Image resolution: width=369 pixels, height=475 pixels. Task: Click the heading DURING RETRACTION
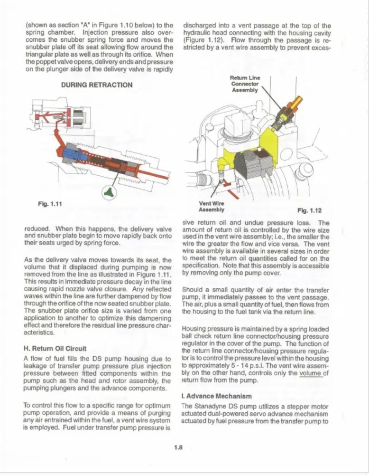(x=97, y=85)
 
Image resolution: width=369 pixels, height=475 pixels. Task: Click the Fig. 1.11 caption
(x=50, y=204)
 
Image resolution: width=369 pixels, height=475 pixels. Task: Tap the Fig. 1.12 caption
(x=309, y=209)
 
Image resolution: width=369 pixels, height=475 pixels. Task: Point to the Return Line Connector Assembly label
(x=244, y=84)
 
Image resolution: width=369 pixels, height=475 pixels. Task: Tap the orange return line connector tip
(x=297, y=101)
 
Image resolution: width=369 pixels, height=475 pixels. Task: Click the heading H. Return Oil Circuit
(x=55, y=348)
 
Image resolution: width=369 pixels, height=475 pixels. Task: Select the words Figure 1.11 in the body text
(x=148, y=275)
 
